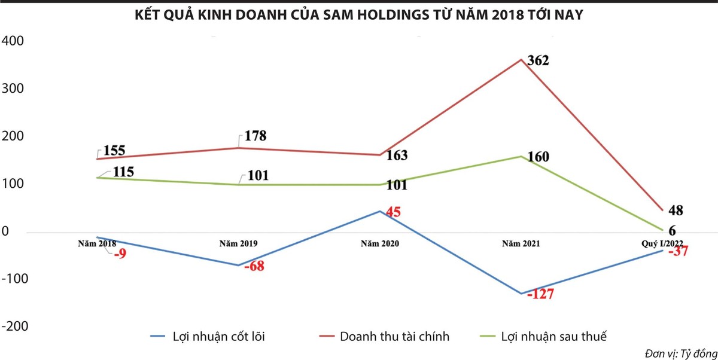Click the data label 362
coord(538,61)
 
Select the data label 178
coord(255,136)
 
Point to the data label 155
coord(114,151)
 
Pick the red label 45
coord(393,212)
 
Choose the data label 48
coord(676,210)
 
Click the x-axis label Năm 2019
coord(238,244)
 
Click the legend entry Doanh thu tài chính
coord(394,336)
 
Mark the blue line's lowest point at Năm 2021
coord(521,293)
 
